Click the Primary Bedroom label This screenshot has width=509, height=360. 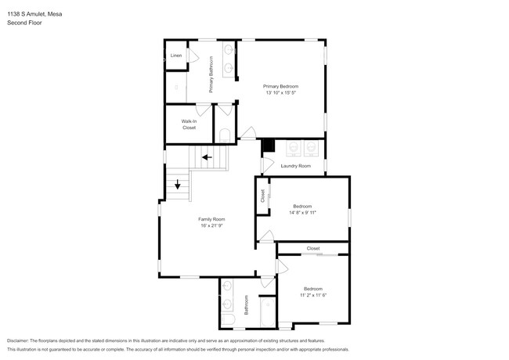point(280,86)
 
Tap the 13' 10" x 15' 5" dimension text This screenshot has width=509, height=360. point(281,92)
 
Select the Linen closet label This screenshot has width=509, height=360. point(176,56)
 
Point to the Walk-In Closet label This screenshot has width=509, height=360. point(189,124)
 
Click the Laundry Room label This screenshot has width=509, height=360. point(296,166)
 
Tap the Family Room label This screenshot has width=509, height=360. point(211,219)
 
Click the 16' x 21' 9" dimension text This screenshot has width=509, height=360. point(211,225)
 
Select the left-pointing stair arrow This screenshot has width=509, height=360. point(207,157)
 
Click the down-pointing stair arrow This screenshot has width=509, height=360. point(178,184)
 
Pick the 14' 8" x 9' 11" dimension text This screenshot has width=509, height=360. point(302,213)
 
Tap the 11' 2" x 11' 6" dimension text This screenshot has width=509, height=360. point(313,295)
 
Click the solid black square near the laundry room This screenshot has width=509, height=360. point(269,145)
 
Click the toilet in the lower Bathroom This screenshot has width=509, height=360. point(228,319)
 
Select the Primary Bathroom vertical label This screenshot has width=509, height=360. point(211,74)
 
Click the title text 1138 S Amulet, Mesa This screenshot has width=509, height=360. point(34,14)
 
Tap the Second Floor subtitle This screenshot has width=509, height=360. point(24,23)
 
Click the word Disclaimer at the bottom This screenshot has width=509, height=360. point(18,341)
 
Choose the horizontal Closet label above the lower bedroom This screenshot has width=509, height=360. point(313,248)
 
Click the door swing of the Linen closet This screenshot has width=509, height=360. point(193,56)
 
